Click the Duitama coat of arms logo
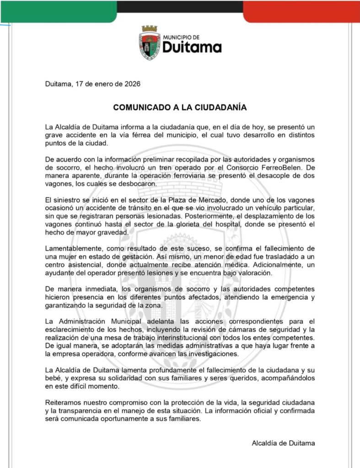[x=150, y=43]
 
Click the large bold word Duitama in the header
[x=192, y=47]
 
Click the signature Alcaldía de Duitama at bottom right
[x=283, y=443]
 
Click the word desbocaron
[x=137, y=184]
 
